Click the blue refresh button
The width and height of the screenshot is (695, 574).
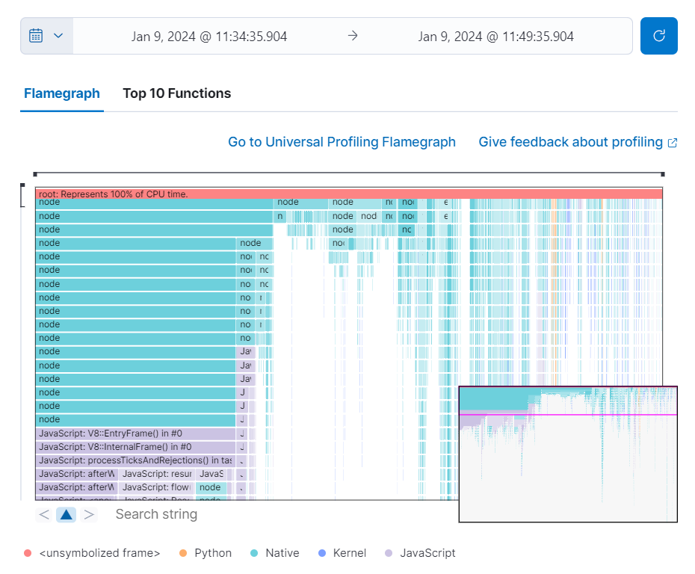(658, 36)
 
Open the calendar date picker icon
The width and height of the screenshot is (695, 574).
(46, 36)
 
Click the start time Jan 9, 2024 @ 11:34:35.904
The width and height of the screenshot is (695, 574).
(209, 36)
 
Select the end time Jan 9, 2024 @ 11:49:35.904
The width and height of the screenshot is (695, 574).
(495, 36)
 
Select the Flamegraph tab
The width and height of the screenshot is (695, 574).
(61, 93)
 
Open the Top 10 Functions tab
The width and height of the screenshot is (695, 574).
(176, 93)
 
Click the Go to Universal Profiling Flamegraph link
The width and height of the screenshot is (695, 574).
(342, 142)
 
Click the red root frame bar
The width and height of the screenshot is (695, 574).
(348, 194)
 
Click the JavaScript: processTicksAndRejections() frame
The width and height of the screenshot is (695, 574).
(135, 460)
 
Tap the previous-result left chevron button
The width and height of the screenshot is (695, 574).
(44, 514)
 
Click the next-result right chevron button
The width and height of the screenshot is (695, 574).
(89, 514)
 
